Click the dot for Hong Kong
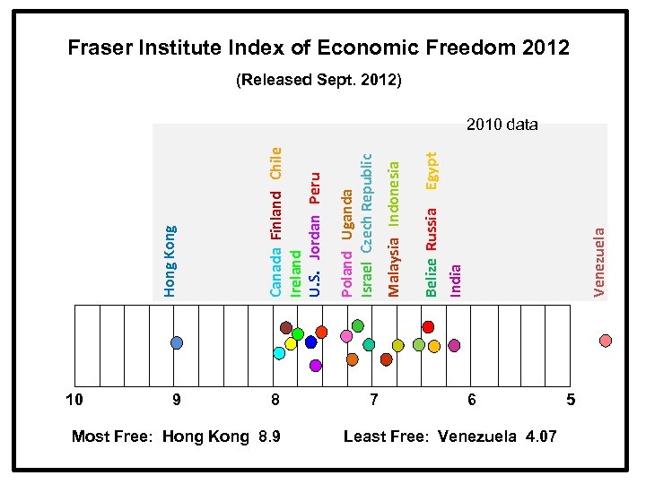point(177,342)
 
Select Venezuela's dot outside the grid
point(606,341)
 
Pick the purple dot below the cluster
point(315,365)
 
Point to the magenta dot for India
point(454,345)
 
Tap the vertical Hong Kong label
point(170,261)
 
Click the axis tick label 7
point(374,399)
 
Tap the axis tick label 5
point(571,399)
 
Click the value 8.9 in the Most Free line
point(266,436)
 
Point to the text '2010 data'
point(502,125)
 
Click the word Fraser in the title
point(103,48)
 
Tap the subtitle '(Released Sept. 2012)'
point(319,81)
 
